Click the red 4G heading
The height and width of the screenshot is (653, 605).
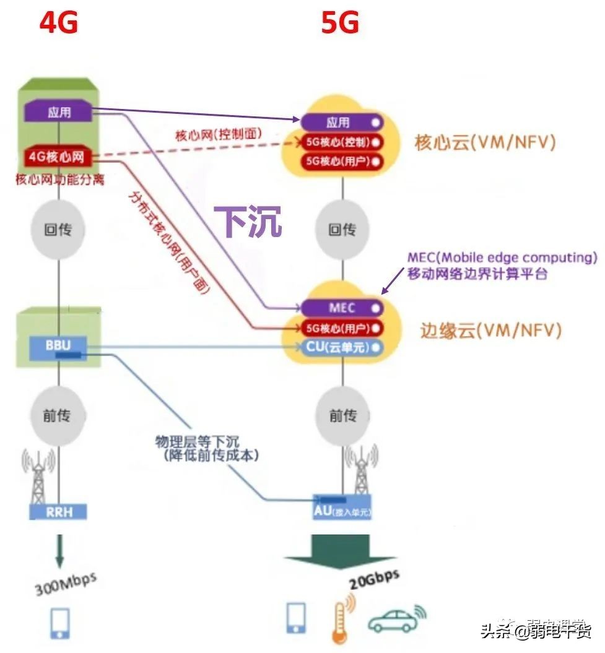pyautogui.click(x=59, y=23)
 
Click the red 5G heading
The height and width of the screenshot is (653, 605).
pyautogui.click(x=340, y=23)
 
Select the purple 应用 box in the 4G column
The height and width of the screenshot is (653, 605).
pyautogui.click(x=59, y=112)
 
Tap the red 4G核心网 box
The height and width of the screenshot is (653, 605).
pyautogui.click(x=59, y=158)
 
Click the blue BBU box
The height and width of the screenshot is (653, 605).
pyautogui.click(x=59, y=345)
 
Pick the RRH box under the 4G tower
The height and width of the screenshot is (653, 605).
pyautogui.click(x=58, y=511)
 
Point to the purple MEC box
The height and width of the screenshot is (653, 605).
pyautogui.click(x=342, y=308)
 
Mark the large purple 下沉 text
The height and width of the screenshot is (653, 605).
pyautogui.click(x=248, y=221)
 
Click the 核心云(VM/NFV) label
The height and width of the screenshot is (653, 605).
pyautogui.click(x=485, y=142)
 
